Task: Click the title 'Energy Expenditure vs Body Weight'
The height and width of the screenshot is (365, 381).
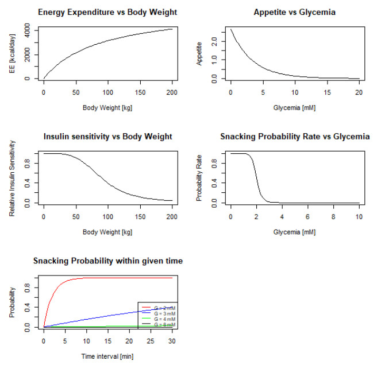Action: [108, 12]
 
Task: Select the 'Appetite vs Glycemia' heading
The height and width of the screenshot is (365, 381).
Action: [295, 12]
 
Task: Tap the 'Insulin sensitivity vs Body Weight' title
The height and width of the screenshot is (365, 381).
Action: [108, 137]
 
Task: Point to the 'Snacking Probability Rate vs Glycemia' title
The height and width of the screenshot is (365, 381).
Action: [295, 137]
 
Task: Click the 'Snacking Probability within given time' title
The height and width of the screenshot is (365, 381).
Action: [108, 261]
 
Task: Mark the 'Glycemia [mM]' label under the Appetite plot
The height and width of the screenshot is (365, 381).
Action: [295, 107]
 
